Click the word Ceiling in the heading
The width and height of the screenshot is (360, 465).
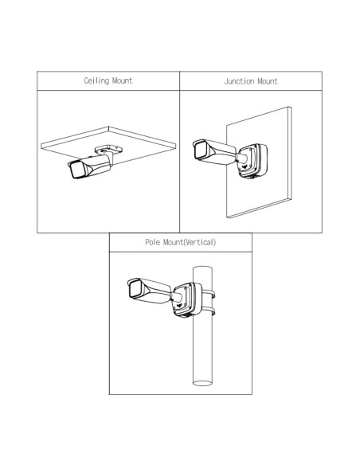coord(96,81)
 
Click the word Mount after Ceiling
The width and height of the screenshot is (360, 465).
coord(122,80)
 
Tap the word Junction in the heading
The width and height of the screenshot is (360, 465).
coord(239,81)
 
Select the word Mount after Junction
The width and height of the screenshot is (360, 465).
coord(268,81)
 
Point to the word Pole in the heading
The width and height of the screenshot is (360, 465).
coord(153,242)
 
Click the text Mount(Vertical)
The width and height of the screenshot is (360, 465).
coord(190,243)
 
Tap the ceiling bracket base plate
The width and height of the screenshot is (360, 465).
coord(108,149)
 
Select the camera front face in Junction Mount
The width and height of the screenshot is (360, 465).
coord(200,150)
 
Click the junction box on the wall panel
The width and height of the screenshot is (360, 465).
coord(252,161)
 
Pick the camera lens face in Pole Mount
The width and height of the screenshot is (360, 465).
coord(135,288)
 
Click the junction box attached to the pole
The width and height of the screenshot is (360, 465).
coord(187,299)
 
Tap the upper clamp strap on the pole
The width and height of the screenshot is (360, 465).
coord(209,294)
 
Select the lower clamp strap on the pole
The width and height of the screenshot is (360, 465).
coord(209,311)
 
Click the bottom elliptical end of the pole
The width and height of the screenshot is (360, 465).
coord(202,383)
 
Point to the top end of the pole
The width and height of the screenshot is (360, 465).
coord(202,268)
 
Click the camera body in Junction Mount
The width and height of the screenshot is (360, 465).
coord(215,152)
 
